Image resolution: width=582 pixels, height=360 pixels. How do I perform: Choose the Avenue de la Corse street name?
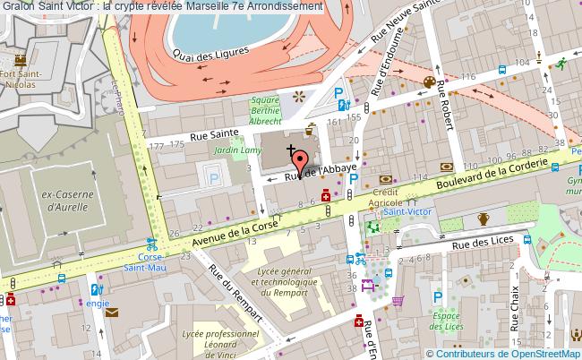[232, 234]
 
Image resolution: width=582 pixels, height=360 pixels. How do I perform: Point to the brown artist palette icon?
[429, 82]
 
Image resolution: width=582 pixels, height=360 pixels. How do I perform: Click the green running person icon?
[561, 63]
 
